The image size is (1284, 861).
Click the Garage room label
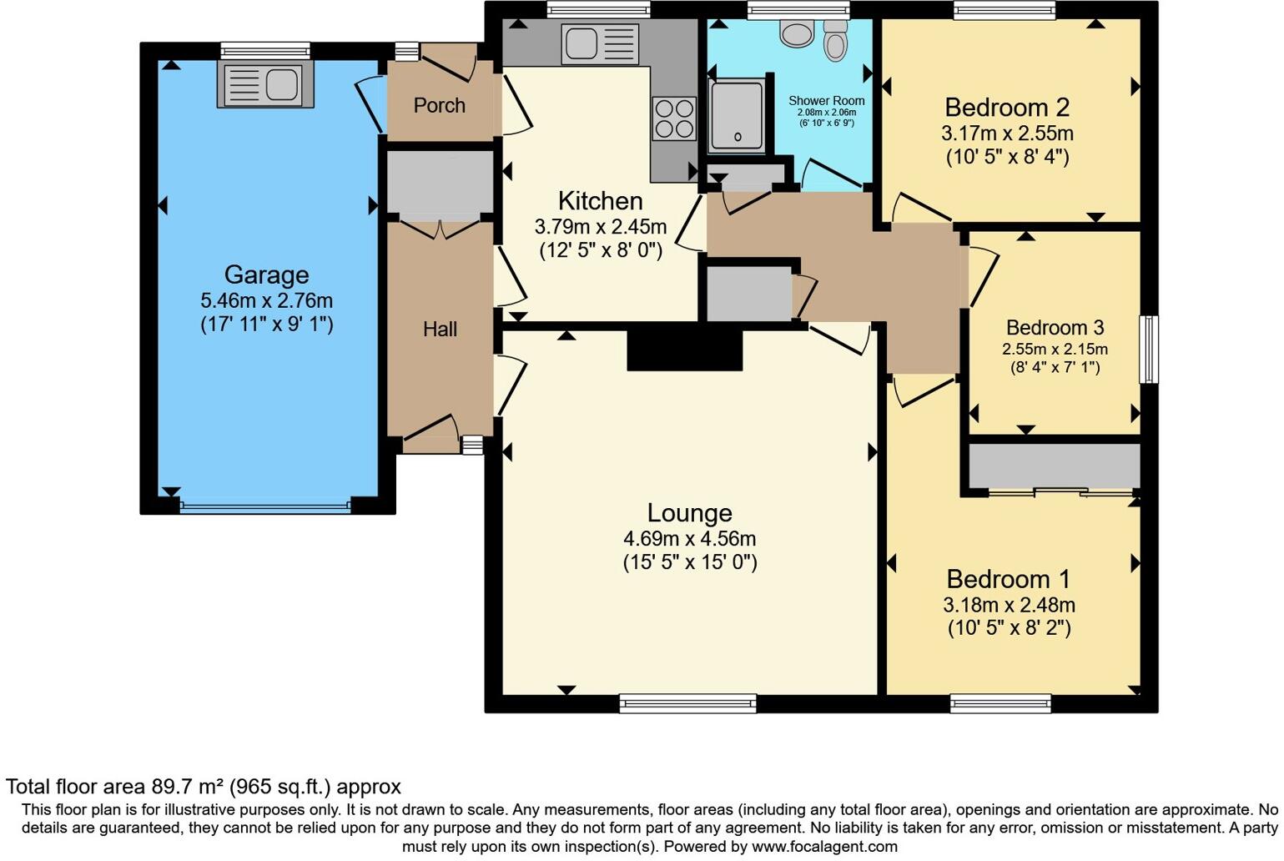click(266, 274)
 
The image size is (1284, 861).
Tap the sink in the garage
click(265, 84)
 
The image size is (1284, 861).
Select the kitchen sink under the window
click(600, 44)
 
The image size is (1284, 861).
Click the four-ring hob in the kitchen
click(673, 118)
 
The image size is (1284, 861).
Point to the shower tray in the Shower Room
click(737, 116)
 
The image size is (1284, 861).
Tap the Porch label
click(439, 106)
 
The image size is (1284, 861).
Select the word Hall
click(440, 330)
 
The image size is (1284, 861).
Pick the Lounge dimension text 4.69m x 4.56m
click(689, 539)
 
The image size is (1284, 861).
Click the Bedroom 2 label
click(1007, 108)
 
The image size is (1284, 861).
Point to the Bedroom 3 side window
click(1149, 349)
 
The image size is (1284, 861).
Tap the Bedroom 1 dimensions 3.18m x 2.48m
click(1009, 605)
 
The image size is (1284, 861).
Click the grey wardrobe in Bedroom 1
click(1054, 466)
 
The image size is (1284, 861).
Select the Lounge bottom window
click(687, 703)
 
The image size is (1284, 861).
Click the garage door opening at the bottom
click(264, 506)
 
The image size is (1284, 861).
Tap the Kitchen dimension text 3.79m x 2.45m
click(600, 226)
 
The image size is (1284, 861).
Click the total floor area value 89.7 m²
click(188, 787)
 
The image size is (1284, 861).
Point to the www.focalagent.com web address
click(824, 846)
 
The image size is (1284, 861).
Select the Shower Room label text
click(826, 101)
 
